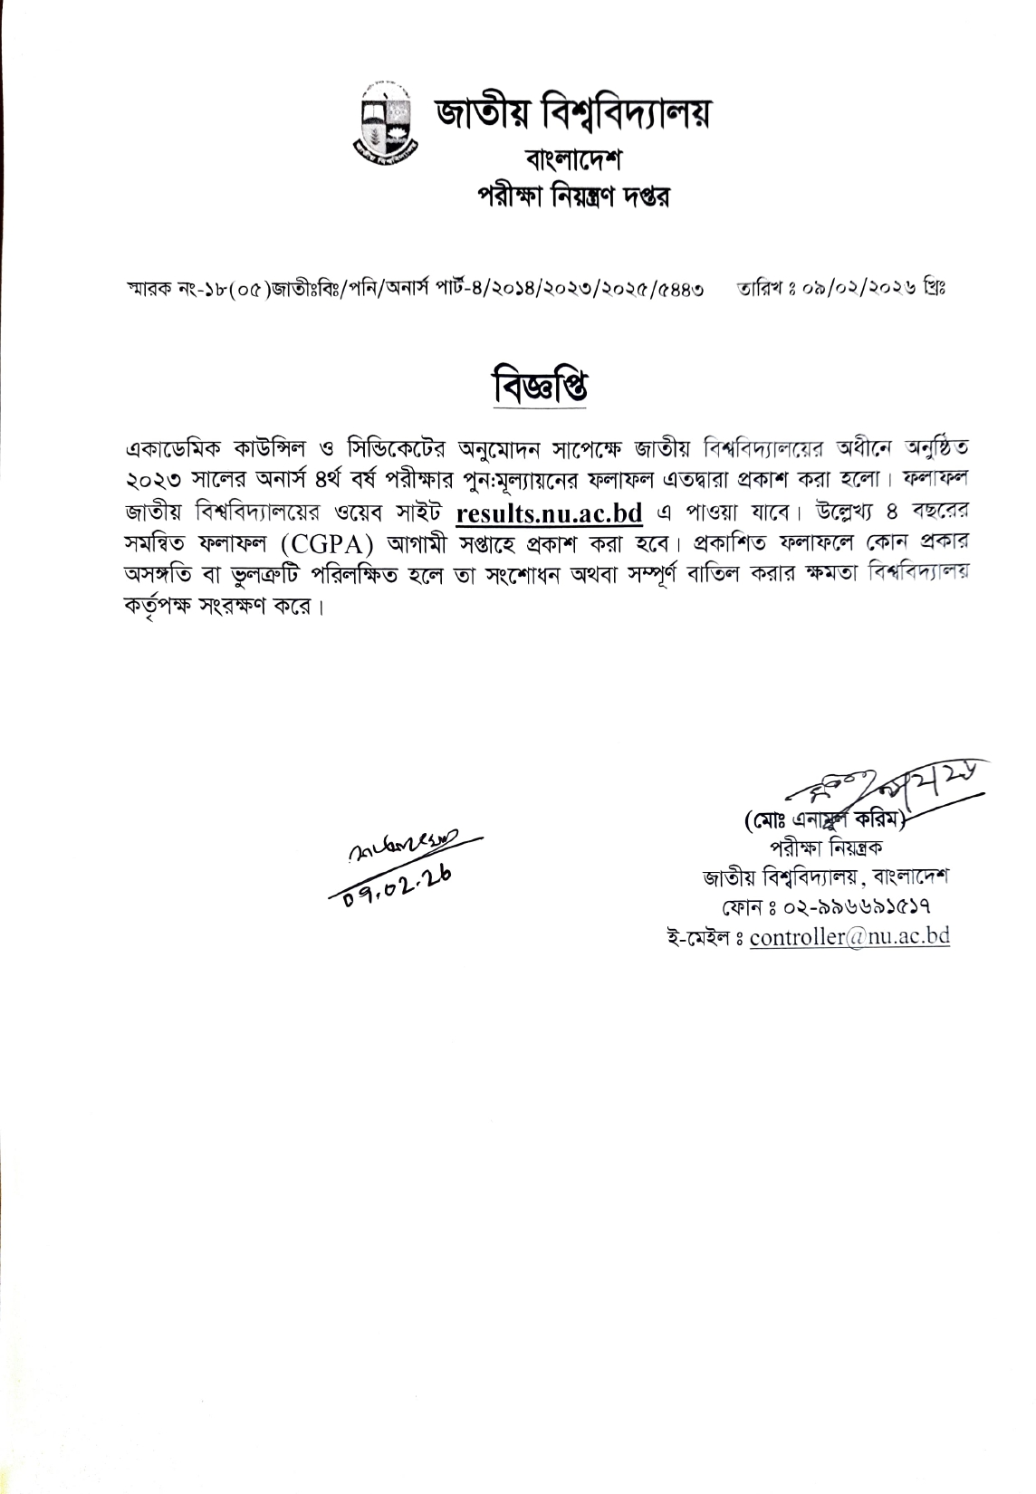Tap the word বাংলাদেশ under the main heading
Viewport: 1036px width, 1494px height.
pos(572,161)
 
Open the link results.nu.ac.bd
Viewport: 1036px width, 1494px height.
pos(550,513)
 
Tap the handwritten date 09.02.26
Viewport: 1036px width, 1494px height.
pos(395,878)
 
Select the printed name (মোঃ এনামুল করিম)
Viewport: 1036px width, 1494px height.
pos(825,823)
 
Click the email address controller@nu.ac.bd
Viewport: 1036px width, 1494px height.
pos(849,936)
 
